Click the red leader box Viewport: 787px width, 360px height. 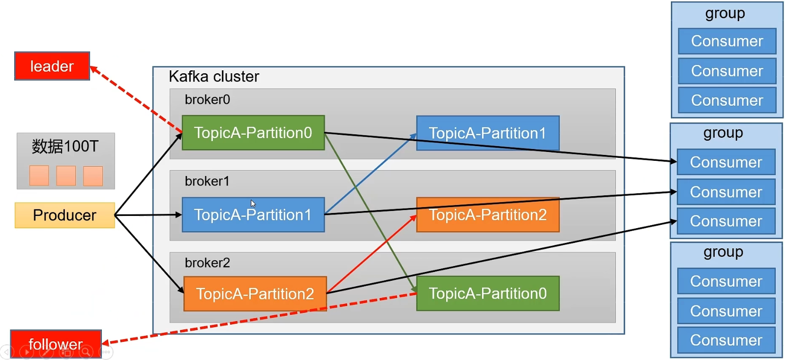[x=52, y=66]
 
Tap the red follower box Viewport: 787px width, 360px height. [x=56, y=344]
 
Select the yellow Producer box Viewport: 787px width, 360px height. [x=64, y=215]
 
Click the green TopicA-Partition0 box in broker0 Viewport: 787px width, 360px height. [x=253, y=133]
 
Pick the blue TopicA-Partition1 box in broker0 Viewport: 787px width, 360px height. [x=488, y=133]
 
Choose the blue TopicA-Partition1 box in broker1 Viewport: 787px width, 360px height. [x=253, y=214]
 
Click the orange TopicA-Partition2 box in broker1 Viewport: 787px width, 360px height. [x=488, y=214]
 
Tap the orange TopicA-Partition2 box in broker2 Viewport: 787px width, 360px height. [x=255, y=294]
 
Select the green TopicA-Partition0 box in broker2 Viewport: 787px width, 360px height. [x=488, y=293]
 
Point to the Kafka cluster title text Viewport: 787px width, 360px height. [x=214, y=76]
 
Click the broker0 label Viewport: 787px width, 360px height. [x=207, y=99]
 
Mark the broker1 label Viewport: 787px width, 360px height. [x=207, y=181]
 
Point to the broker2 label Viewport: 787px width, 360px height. [x=207, y=263]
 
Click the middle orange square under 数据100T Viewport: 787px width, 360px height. [x=66, y=176]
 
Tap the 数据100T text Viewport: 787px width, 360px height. [x=65, y=146]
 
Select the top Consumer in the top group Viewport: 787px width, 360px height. [x=727, y=41]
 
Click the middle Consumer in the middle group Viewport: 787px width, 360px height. [x=726, y=192]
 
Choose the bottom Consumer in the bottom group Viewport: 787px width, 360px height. [x=726, y=340]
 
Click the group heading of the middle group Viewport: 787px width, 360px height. [x=723, y=133]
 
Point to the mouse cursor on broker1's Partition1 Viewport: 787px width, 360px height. [x=253, y=203]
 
